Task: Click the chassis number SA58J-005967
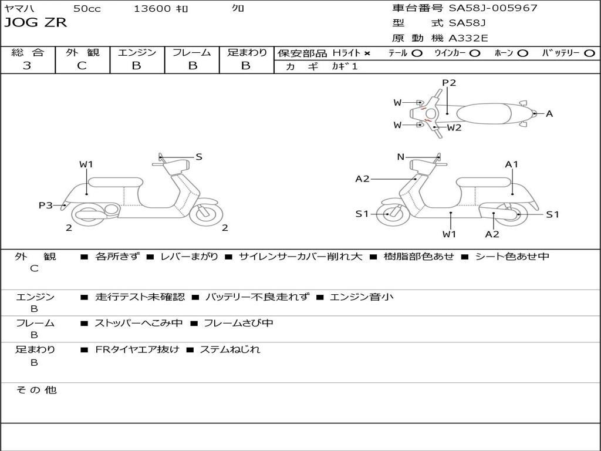(493, 8)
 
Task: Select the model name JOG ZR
(35, 23)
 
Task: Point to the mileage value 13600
(152, 9)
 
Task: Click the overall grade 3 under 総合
(27, 66)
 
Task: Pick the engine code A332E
(468, 39)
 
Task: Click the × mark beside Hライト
(367, 53)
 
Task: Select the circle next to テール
(417, 53)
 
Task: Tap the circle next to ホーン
(523, 53)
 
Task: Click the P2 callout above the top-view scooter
(449, 83)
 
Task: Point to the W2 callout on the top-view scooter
(454, 127)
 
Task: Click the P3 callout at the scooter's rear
(46, 205)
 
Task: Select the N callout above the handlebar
(401, 157)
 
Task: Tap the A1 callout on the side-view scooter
(512, 164)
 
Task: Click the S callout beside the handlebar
(199, 157)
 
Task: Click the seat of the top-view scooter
(488, 113)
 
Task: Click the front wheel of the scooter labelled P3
(207, 213)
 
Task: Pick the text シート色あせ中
(512, 257)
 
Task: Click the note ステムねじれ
(229, 349)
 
